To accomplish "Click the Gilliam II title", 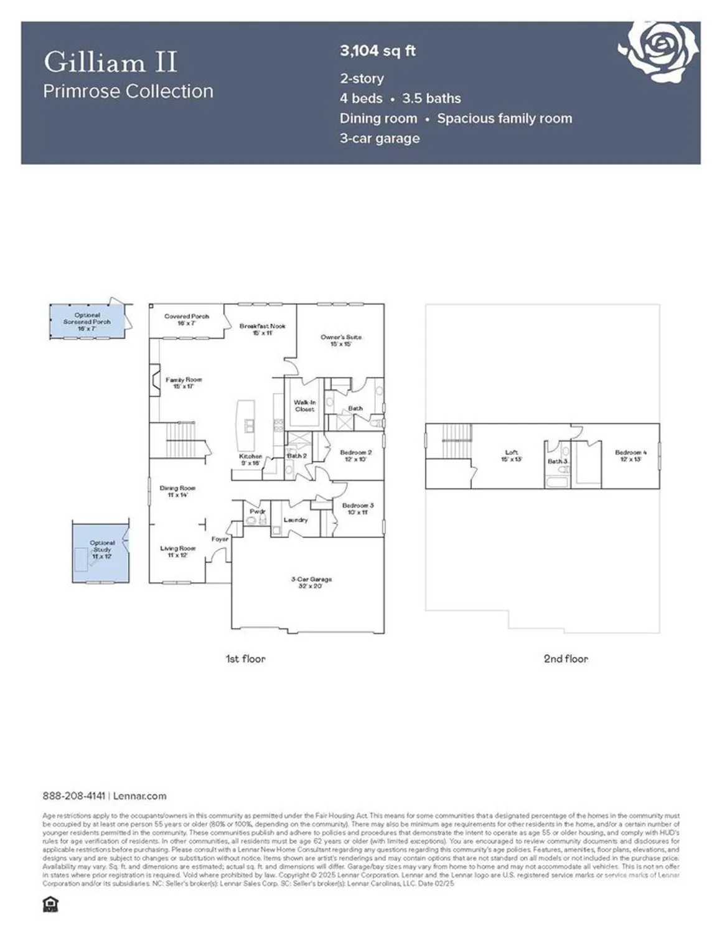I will point(111,62).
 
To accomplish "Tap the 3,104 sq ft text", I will point(377,51).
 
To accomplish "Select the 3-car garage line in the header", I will point(380,138).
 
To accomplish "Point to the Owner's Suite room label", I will point(340,340).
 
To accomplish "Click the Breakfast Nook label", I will point(262,329).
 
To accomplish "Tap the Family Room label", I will point(184,383).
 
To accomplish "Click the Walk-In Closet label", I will point(304,406).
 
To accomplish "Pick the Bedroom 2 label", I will point(356,455).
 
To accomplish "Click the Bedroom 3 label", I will point(358,509).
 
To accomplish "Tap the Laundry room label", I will point(296,519).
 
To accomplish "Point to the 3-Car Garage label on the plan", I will point(311,582).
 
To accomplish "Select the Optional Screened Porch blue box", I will point(87,322).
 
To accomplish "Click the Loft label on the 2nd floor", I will point(511,455).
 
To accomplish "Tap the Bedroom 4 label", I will point(631,455).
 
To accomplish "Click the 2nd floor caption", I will point(565,659).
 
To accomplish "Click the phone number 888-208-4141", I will point(73,796).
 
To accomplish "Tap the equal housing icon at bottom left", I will point(49,904).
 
